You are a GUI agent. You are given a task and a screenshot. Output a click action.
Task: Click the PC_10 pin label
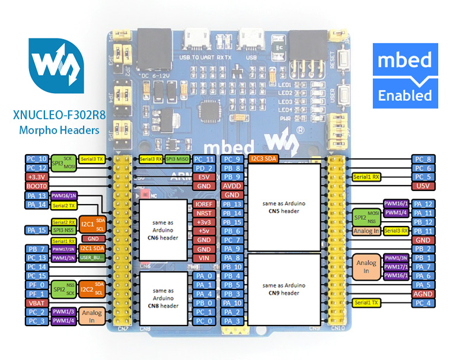tap(36, 159)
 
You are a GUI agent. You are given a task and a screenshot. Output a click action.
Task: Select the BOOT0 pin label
tap(36, 186)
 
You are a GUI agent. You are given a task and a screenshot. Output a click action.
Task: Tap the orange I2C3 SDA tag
tap(263, 159)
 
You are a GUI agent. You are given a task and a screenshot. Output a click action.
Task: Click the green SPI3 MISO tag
tap(177, 159)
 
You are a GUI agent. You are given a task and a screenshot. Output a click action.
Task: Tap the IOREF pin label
tap(203, 204)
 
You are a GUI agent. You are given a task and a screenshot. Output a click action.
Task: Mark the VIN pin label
tap(203, 258)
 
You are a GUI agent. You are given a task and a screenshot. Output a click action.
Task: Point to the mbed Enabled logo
tap(405, 75)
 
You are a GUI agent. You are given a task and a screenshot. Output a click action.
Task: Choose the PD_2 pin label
tap(203, 168)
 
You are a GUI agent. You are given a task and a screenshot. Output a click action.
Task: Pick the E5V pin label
tap(203, 177)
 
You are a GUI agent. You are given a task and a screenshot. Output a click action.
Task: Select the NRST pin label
tap(203, 213)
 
